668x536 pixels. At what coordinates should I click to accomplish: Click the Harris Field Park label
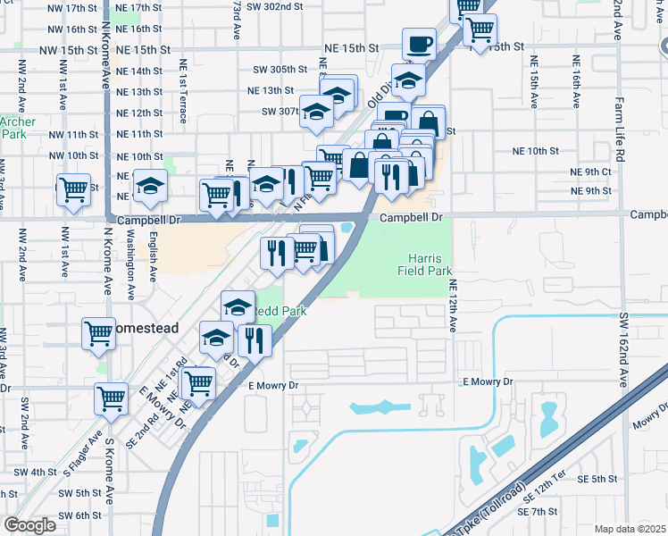click(426, 263)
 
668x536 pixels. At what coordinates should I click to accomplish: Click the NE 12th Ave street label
click(454, 306)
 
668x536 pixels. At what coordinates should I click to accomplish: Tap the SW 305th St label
click(280, 69)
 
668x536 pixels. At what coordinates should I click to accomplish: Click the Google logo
click(29, 525)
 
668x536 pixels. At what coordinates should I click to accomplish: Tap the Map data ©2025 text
click(630, 529)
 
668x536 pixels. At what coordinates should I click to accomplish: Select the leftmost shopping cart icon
click(73, 189)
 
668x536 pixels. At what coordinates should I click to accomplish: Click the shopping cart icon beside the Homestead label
click(98, 333)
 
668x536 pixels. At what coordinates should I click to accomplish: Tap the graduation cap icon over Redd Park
click(238, 307)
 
